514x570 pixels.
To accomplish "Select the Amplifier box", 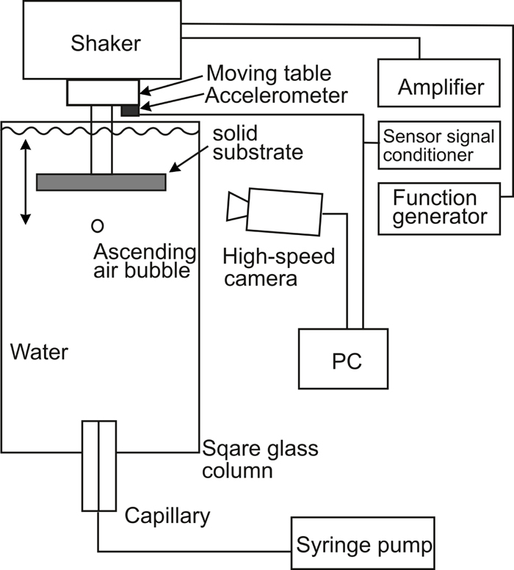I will [441, 87].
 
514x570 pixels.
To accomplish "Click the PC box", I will [345, 361].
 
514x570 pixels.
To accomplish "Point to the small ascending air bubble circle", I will [97, 225].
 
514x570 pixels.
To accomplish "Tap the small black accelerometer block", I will [129, 109].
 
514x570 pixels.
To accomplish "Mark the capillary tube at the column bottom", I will [98, 466].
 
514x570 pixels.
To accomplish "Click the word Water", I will [40, 352].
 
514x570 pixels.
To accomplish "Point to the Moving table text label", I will [269, 73].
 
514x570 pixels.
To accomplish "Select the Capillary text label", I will [167, 516].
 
